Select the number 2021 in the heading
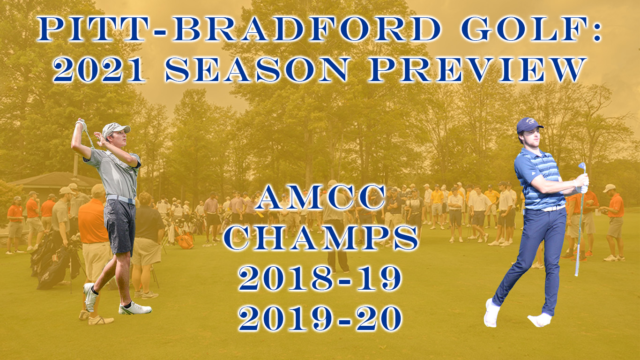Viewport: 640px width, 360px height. [x=99, y=69]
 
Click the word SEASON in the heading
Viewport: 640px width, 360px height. [x=257, y=69]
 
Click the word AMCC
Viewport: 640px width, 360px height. [x=320, y=197]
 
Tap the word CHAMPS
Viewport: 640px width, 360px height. [x=320, y=238]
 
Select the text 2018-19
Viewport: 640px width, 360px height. [x=320, y=278]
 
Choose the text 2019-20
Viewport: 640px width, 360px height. [x=320, y=318]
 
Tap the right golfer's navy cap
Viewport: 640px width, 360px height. [x=528, y=125]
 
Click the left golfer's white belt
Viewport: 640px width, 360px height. [x=121, y=199]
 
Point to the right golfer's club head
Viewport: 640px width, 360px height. [x=582, y=167]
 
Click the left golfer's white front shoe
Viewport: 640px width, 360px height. [x=135, y=308]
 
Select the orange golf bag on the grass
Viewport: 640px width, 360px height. [x=185, y=240]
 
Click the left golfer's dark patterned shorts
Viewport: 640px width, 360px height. [x=120, y=227]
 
